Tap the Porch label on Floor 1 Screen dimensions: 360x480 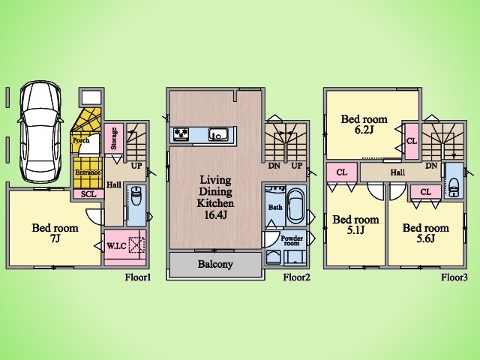80,139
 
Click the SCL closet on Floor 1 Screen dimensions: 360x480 88,194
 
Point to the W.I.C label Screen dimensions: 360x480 116,245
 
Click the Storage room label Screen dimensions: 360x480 114,139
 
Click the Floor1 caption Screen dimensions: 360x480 138,277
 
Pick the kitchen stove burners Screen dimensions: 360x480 181,135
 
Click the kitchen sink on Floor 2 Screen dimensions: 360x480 217,135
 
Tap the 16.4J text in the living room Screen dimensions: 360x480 215,214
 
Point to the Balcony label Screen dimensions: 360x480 215,264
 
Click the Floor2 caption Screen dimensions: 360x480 297,277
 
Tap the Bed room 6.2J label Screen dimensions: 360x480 364,124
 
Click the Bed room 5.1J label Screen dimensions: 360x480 355,225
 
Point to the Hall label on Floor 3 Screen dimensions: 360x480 397,172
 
